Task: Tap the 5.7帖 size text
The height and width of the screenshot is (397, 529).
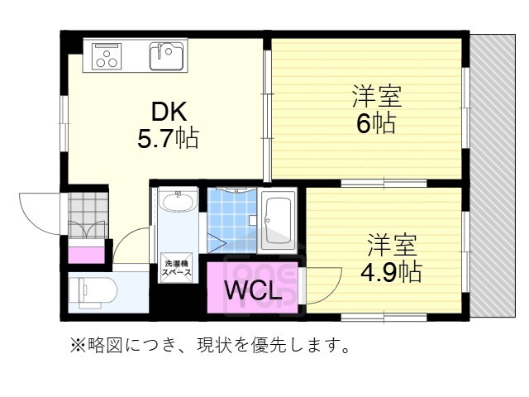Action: [x=168, y=137]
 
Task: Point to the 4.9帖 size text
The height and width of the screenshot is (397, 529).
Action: [x=391, y=270]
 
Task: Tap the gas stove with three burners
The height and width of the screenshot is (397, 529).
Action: [x=107, y=56]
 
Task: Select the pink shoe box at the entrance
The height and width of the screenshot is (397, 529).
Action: [x=85, y=253]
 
